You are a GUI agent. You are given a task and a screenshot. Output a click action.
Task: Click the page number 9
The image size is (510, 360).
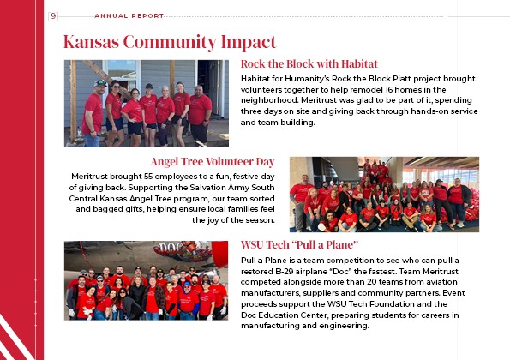53,15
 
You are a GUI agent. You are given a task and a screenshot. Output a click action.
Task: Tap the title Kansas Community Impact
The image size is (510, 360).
170,42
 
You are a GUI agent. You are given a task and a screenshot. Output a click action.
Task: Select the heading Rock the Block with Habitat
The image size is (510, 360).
309,64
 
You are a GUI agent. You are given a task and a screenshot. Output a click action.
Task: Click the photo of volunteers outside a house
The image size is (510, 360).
146,103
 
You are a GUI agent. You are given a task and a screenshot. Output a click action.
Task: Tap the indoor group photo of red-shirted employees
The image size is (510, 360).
383,195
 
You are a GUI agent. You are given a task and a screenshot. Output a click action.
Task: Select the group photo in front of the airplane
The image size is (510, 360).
146,280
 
